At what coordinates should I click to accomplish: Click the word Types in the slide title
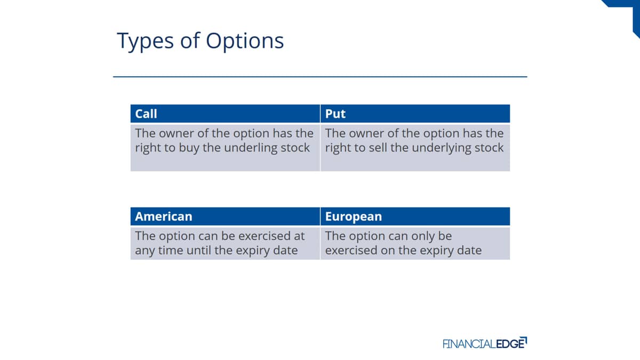pyautogui.click(x=145, y=42)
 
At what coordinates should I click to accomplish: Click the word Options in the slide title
pyautogui.click(x=245, y=42)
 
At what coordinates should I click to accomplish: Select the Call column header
pyautogui.click(x=146, y=114)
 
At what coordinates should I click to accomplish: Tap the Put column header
pyautogui.click(x=335, y=114)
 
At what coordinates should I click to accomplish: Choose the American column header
pyautogui.click(x=163, y=217)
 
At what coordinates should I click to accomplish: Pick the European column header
pyautogui.click(x=354, y=217)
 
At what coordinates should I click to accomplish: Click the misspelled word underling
pyautogui.click(x=251, y=148)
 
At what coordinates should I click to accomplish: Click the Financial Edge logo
pyautogui.click(x=485, y=343)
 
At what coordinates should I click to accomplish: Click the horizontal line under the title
pyautogui.click(x=320, y=77)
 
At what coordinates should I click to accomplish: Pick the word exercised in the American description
pyautogui.click(x=265, y=236)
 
